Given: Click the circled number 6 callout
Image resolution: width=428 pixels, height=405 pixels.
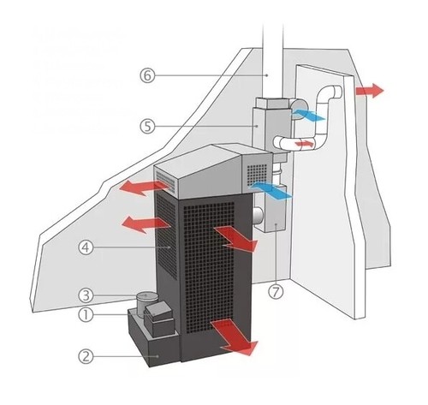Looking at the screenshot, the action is pos(147,75).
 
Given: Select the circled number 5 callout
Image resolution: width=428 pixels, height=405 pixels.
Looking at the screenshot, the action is pos(147,126).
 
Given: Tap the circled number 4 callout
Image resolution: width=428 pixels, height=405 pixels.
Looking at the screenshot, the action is pos(86,247).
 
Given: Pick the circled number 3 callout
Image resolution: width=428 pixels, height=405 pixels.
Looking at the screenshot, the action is pos(86,295).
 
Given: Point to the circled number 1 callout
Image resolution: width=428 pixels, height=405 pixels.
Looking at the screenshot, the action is pos(86,315).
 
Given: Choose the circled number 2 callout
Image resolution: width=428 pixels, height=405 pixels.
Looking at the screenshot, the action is pos(86,356).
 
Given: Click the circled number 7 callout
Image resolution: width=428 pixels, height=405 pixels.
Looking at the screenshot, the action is pos(276,292).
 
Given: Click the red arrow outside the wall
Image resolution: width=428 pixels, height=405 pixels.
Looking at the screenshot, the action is pos(370,91).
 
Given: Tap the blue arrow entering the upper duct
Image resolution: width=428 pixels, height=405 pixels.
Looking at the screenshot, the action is pos(308,115).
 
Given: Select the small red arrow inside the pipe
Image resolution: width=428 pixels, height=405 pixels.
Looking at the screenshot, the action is pos(305,144).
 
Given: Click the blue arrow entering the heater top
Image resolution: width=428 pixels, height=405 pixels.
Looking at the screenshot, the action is pos(270,190).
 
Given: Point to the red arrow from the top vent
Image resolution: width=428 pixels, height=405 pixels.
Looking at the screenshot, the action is pos(144,188).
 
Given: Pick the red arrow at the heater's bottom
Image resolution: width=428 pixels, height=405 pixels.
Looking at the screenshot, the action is pos(235,337).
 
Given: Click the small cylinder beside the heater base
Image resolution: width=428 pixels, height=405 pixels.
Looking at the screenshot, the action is pos(146,304).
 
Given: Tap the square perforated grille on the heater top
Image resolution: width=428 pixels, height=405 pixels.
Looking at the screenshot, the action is pos(257,174).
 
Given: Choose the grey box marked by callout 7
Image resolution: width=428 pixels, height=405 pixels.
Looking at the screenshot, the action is pos(270,209).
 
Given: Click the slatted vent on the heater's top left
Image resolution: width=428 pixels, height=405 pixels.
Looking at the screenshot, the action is pos(165,181).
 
